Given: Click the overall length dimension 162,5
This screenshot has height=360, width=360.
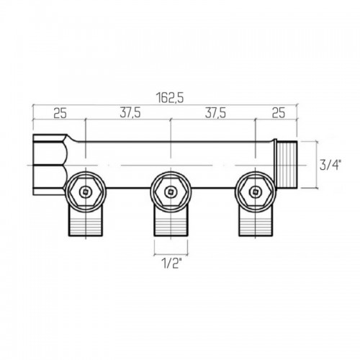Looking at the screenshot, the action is (170, 98).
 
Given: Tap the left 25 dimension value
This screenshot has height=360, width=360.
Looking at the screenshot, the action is (60, 113).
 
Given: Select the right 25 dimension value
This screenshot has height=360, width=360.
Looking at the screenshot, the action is (279, 113).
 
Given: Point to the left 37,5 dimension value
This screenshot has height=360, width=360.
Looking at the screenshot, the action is (130, 113).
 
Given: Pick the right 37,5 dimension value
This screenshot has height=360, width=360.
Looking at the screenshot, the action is (215, 113).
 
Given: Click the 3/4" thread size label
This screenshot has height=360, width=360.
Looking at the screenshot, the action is (330, 166).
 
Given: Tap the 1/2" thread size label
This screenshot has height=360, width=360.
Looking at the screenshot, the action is (172, 264).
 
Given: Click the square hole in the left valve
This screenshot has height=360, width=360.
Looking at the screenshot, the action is (86, 192).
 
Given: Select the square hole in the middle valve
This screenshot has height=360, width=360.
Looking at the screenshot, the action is (171, 192).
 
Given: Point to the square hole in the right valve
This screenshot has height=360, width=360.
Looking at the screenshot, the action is (255, 192).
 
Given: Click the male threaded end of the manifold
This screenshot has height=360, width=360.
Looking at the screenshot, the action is (287, 165).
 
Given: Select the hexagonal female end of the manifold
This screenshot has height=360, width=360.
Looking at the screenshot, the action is (49, 165).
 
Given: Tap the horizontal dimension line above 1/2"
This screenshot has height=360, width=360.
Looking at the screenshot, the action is (171, 253).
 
